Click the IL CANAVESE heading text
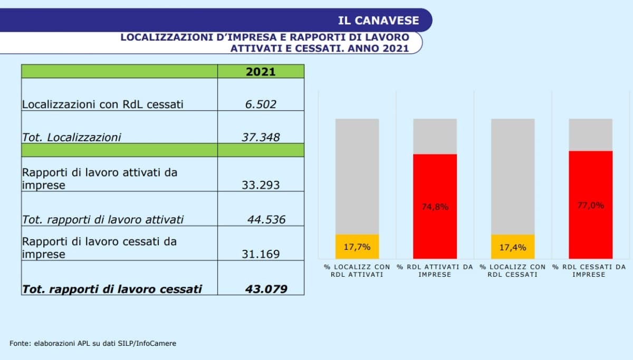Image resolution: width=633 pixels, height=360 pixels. pyautogui.click(x=378, y=21)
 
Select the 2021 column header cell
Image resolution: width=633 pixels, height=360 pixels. pyautogui.click(x=261, y=72)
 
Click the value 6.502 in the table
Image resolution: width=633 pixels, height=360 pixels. pyautogui.click(x=261, y=104)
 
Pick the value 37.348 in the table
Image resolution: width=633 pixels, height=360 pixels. pyautogui.click(x=261, y=137)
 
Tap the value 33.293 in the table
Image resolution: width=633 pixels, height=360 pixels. pyautogui.click(x=261, y=184)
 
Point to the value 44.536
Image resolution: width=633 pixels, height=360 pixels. pyautogui.click(x=266, y=219)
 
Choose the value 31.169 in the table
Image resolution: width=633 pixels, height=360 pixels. pyautogui.click(x=261, y=254)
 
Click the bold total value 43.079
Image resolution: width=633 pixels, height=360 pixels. pyautogui.click(x=266, y=289)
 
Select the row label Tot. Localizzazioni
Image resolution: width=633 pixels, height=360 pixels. pyautogui.click(x=71, y=137)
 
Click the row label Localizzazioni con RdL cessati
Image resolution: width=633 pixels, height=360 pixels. pyautogui.click(x=102, y=104)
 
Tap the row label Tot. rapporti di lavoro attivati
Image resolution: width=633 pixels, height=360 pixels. pyautogui.click(x=102, y=219)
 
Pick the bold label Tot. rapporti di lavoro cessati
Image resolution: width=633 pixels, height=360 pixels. pyautogui.click(x=111, y=289)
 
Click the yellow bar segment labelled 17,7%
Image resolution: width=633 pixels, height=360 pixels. pyautogui.click(x=357, y=247)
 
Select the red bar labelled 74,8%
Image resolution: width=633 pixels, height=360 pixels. pyautogui.click(x=435, y=206)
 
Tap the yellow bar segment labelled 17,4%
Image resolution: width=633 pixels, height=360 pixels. pyautogui.click(x=513, y=247)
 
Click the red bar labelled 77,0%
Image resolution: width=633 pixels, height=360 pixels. pyautogui.click(x=590, y=205)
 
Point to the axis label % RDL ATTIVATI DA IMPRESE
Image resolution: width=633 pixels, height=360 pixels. pyautogui.click(x=435, y=271)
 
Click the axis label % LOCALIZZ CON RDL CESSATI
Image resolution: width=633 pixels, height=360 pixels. pyautogui.click(x=513, y=271)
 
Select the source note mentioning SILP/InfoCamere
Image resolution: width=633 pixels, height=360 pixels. pyautogui.click(x=93, y=343)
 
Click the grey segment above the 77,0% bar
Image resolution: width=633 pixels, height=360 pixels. pyautogui.click(x=590, y=134)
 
